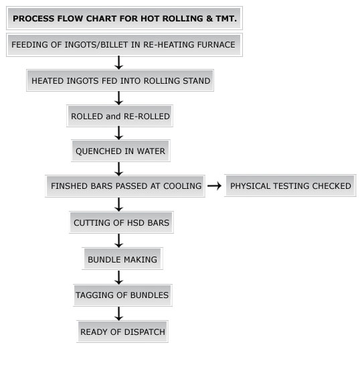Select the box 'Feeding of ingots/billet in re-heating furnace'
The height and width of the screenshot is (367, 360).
click(x=124, y=45)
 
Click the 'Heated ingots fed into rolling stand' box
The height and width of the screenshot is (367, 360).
click(x=120, y=80)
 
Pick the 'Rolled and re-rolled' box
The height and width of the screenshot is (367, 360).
click(x=120, y=116)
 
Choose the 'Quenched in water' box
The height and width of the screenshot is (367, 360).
click(x=120, y=151)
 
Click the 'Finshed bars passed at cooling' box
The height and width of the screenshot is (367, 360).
click(x=125, y=186)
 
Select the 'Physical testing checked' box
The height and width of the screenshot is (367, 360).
click(x=290, y=186)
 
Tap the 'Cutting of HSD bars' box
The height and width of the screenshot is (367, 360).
click(x=121, y=222)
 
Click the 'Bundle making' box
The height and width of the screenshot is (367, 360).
click(x=122, y=259)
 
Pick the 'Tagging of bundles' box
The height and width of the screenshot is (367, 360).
click(x=122, y=295)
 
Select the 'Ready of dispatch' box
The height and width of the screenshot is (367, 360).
click(x=122, y=332)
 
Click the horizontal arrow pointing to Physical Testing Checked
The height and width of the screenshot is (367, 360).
click(x=215, y=186)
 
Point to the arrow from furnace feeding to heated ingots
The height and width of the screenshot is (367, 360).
click(x=119, y=63)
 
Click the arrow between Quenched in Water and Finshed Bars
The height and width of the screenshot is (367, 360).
click(x=119, y=169)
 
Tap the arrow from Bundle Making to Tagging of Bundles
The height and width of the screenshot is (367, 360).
click(x=119, y=277)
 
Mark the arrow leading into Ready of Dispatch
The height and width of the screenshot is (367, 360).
click(x=119, y=313)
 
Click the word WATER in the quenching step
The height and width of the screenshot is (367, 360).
click(x=151, y=151)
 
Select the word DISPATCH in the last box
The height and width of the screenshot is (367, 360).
click(x=145, y=332)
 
